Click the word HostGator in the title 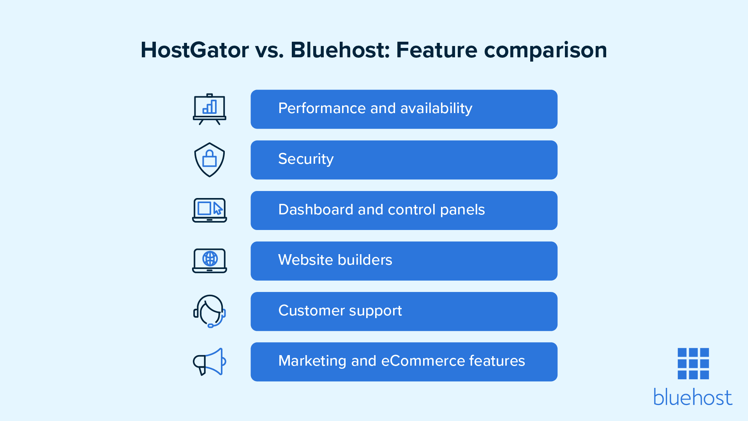(195, 50)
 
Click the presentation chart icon (210, 109)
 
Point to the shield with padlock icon (210, 159)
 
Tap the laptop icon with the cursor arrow (210, 210)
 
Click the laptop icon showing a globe (210, 261)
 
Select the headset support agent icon (210, 311)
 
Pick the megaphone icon (210, 362)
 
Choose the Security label (306, 159)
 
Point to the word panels (462, 210)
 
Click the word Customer (312, 310)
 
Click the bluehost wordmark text (693, 397)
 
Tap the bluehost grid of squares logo (693, 364)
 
